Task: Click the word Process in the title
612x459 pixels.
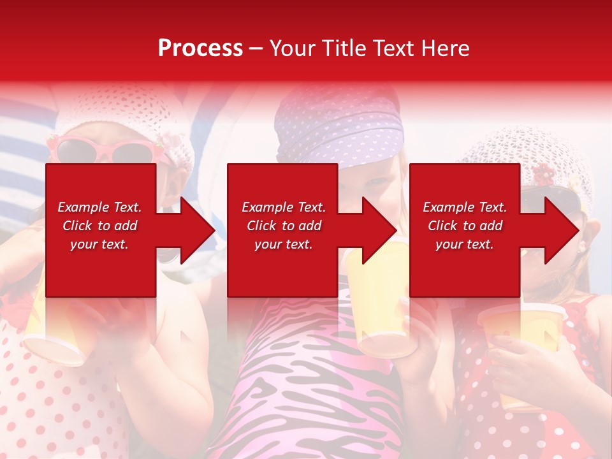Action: (200, 48)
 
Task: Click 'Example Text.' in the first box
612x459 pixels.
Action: (100, 207)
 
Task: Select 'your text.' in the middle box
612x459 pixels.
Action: (283, 244)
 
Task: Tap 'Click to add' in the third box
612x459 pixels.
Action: (465, 226)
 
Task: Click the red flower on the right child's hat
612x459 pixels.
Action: (543, 173)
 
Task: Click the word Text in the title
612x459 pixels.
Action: (388, 48)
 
